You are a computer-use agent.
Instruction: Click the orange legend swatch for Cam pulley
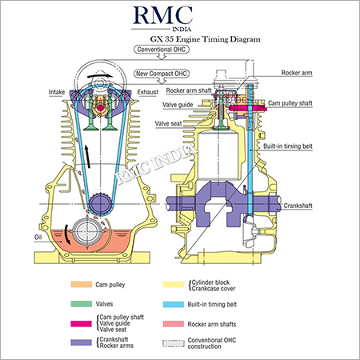(82, 285)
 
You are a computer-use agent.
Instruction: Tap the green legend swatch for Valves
(82, 303)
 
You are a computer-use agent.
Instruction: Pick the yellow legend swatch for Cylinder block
(194, 285)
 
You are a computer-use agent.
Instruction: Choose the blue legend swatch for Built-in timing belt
(194, 303)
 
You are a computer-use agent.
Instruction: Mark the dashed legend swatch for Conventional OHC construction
(194, 342)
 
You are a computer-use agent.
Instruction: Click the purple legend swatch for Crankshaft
(82, 342)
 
